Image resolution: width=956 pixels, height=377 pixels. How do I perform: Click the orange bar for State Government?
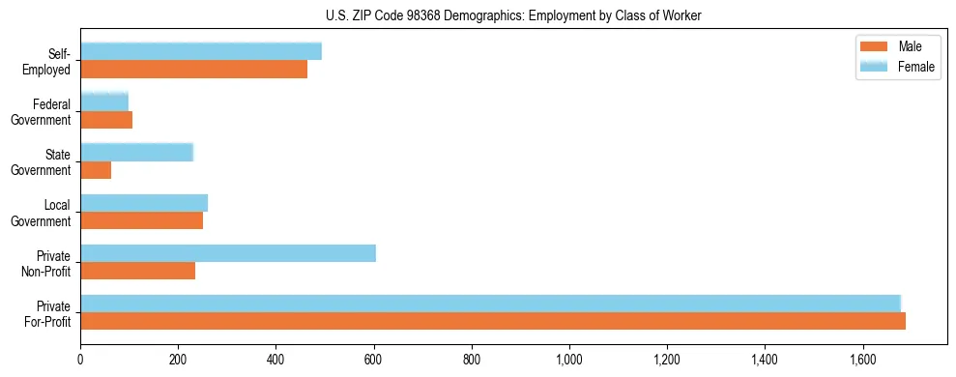[x=96, y=170]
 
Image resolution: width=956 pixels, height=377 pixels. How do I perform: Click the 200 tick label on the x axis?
[x=178, y=360]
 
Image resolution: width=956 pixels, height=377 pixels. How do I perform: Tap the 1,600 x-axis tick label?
[x=862, y=360]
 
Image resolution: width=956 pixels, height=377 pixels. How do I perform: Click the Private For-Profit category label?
[x=47, y=313]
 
